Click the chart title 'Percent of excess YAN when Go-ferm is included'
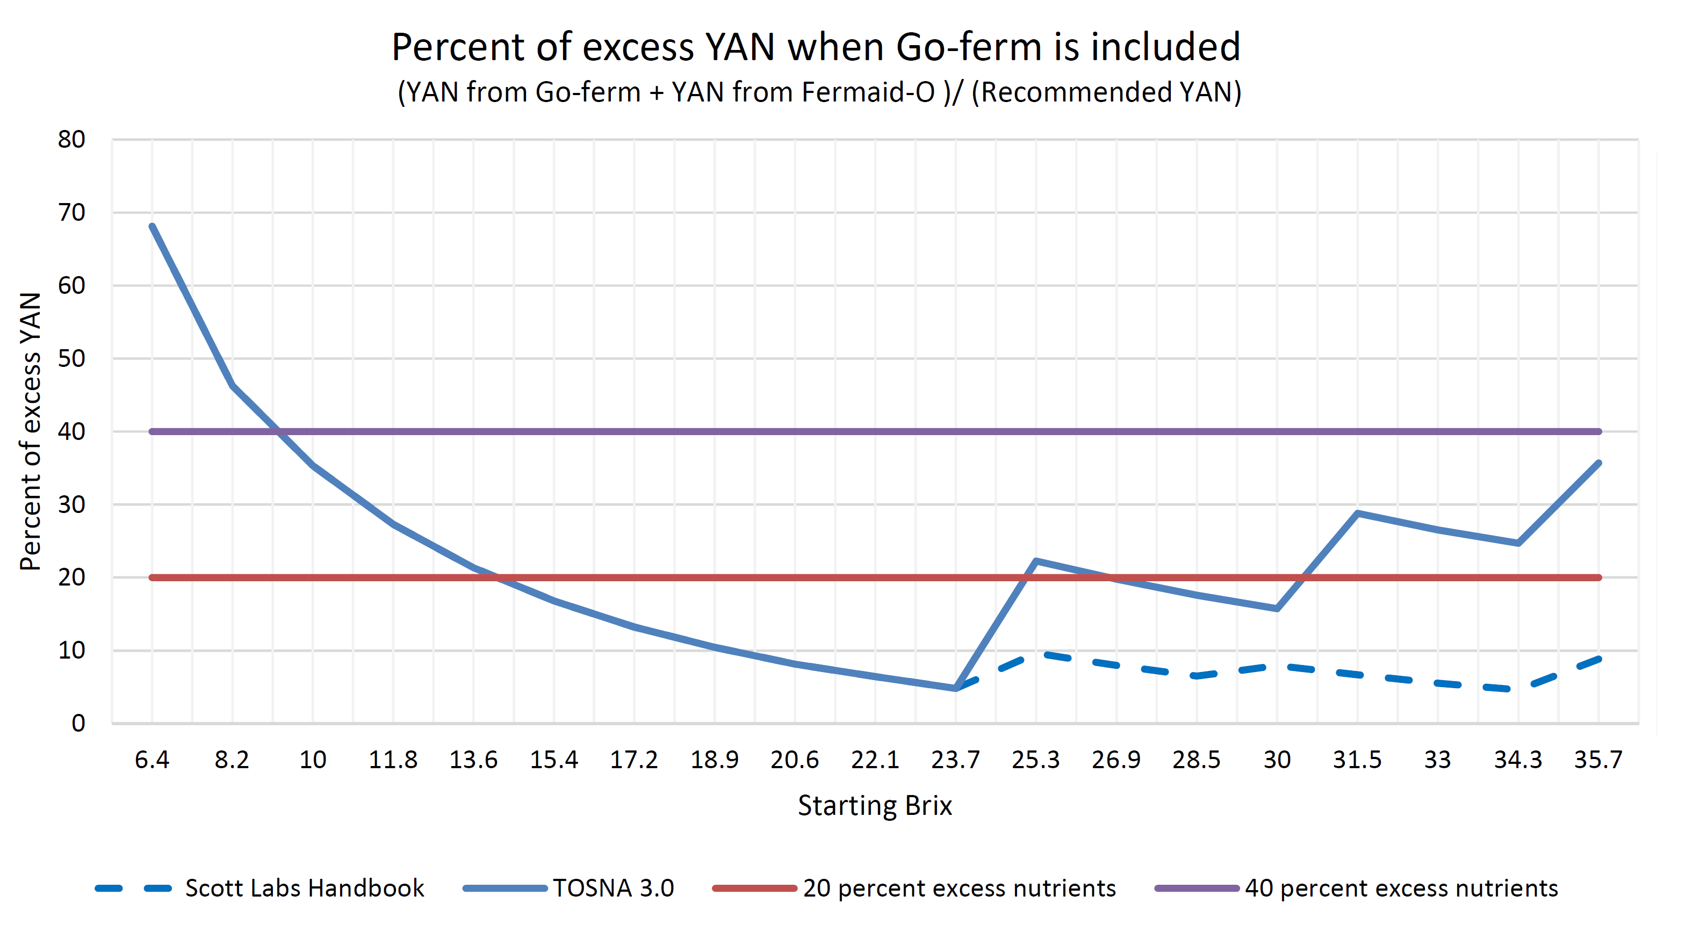[816, 47]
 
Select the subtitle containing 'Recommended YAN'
[819, 92]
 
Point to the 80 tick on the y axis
[71, 139]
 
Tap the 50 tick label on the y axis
[71, 358]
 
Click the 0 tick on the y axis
[78, 723]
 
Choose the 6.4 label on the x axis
[152, 760]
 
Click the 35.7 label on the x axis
[1598, 760]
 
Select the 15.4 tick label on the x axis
[554, 760]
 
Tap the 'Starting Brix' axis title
[874, 806]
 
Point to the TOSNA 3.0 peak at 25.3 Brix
[1036, 561]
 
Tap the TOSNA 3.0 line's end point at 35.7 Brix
[1598, 463]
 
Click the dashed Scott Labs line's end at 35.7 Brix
[1598, 659]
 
